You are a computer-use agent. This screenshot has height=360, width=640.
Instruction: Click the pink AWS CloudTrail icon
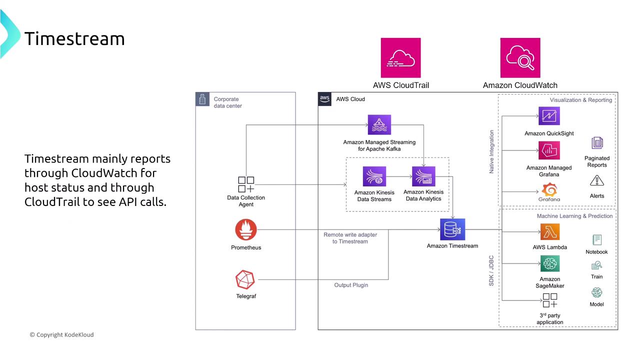400,58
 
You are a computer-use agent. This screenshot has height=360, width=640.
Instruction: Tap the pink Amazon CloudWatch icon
520,58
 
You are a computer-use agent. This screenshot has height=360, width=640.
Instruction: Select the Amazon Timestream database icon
452,230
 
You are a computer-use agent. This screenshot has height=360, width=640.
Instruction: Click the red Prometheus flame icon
246,230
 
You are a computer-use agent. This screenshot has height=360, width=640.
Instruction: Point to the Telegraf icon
245,280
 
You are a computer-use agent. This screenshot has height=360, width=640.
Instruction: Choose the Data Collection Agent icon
246,184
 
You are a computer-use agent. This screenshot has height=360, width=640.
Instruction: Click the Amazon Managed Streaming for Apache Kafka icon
379,125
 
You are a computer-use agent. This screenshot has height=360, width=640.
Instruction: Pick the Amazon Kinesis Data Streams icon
374,176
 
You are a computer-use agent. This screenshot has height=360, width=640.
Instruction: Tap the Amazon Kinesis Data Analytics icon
423,176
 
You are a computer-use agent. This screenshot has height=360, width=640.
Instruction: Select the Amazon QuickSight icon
549,116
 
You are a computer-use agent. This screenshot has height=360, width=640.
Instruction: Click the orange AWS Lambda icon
550,232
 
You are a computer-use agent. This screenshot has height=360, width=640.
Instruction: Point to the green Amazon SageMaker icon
550,263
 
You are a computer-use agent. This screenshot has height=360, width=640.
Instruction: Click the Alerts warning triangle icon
597,181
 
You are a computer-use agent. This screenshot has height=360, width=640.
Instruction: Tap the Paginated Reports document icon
597,143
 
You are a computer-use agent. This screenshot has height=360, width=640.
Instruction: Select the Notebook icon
596,240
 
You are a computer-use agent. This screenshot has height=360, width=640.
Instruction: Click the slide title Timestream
74,38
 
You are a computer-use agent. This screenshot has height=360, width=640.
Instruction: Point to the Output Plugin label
351,285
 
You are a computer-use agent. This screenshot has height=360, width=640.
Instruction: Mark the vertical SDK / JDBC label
491,270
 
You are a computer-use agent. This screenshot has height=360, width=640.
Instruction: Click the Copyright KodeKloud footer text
61,334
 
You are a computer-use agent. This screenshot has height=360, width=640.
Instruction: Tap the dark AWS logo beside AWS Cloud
325,98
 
